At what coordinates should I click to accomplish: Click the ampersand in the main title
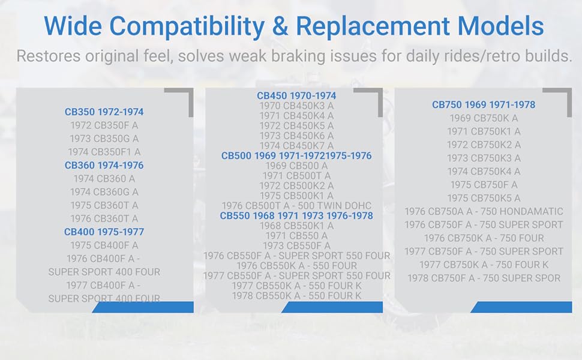tap(280, 26)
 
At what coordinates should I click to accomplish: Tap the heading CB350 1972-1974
tap(104, 112)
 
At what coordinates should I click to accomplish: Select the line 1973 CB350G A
tap(104, 139)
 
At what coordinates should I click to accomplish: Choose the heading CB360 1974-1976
tap(104, 165)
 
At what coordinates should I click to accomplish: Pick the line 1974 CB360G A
tap(104, 192)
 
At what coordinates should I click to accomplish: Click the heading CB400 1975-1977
tap(104, 232)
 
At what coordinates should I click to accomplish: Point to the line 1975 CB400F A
tap(104, 245)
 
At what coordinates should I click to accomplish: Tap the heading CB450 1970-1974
tap(296, 96)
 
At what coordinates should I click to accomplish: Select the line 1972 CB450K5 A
tap(296, 126)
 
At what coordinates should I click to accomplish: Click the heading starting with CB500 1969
tap(296, 156)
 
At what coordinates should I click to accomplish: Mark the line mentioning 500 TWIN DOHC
tap(296, 206)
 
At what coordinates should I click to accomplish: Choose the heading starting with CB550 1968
tap(296, 215)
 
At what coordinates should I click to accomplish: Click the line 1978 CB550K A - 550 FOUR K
tap(296, 296)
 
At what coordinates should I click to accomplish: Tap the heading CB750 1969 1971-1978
tap(484, 104)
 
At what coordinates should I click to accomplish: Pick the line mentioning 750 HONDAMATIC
tap(484, 212)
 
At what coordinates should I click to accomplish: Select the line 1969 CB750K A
tap(484, 118)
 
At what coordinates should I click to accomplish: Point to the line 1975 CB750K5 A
tap(484, 198)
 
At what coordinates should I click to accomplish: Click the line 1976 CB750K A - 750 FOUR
tap(484, 238)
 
